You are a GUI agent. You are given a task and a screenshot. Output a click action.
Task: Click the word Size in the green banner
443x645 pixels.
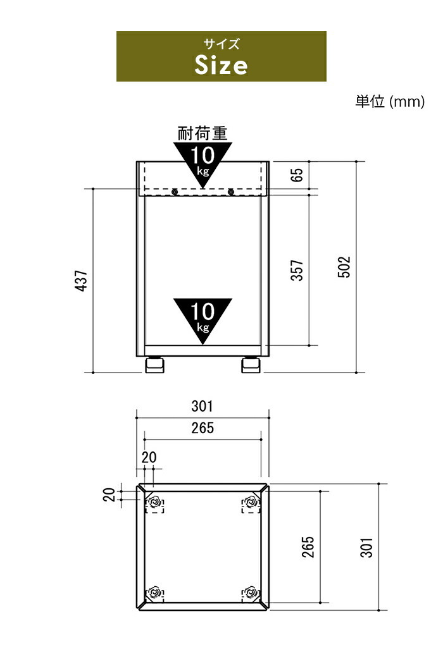click(x=221, y=65)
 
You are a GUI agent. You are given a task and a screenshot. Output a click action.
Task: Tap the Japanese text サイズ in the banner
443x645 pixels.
click(x=221, y=44)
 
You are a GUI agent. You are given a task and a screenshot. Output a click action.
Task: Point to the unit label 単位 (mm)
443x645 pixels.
click(x=390, y=101)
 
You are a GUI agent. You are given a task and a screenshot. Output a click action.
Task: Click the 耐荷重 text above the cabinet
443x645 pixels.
click(x=203, y=133)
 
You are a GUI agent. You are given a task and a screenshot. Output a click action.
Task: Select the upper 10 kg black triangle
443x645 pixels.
click(x=203, y=161)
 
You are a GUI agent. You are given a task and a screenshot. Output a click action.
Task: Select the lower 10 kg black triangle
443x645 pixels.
click(x=203, y=317)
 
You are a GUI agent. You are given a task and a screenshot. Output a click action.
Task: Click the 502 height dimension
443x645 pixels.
click(x=344, y=267)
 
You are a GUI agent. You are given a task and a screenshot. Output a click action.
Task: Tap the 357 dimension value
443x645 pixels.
click(x=297, y=270)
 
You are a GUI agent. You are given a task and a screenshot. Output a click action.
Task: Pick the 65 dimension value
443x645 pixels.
click(x=297, y=175)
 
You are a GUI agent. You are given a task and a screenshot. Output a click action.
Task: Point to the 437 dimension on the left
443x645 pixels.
click(x=82, y=281)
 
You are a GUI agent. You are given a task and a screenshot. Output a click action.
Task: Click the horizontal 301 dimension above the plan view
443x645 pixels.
click(x=202, y=407)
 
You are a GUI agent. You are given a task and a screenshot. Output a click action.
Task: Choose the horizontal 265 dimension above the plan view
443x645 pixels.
click(x=203, y=428)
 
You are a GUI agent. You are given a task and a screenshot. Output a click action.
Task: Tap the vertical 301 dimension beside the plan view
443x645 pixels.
click(x=366, y=548)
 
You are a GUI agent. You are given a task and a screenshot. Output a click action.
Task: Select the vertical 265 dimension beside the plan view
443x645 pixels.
click(x=308, y=547)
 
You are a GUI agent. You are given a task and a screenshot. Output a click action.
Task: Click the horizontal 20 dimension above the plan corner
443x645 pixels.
click(x=149, y=457)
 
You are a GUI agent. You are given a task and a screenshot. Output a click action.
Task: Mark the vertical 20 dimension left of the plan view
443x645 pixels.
click(x=109, y=495)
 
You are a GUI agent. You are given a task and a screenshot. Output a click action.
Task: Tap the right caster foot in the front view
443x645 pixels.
click(x=251, y=364)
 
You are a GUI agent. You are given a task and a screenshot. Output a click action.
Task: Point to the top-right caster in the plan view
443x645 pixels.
click(x=251, y=503)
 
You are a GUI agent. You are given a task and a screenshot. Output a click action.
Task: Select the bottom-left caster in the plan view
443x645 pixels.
click(x=155, y=593)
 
